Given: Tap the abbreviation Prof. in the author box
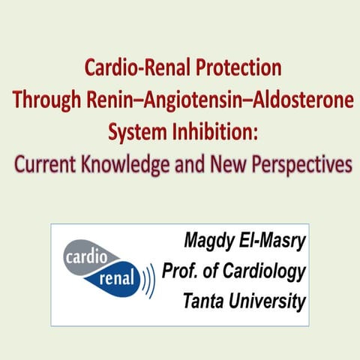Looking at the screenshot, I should point(182,271).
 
